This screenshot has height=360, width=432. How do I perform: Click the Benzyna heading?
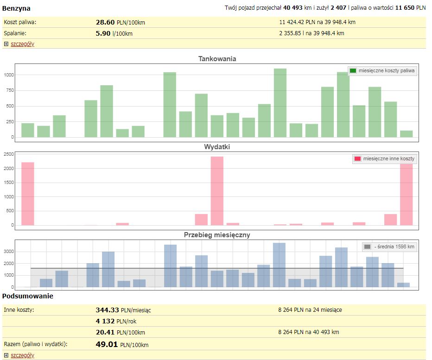point(17,8)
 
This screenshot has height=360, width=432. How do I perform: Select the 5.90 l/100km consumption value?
point(114,33)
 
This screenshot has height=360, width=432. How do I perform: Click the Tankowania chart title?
point(217,59)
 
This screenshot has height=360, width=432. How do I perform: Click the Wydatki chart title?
point(217,147)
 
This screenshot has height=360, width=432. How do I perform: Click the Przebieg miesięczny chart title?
point(217,235)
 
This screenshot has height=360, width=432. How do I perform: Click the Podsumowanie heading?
point(28,296)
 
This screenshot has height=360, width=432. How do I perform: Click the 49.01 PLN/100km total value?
point(122,344)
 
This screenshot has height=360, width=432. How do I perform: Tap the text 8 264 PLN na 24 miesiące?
point(310,310)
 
